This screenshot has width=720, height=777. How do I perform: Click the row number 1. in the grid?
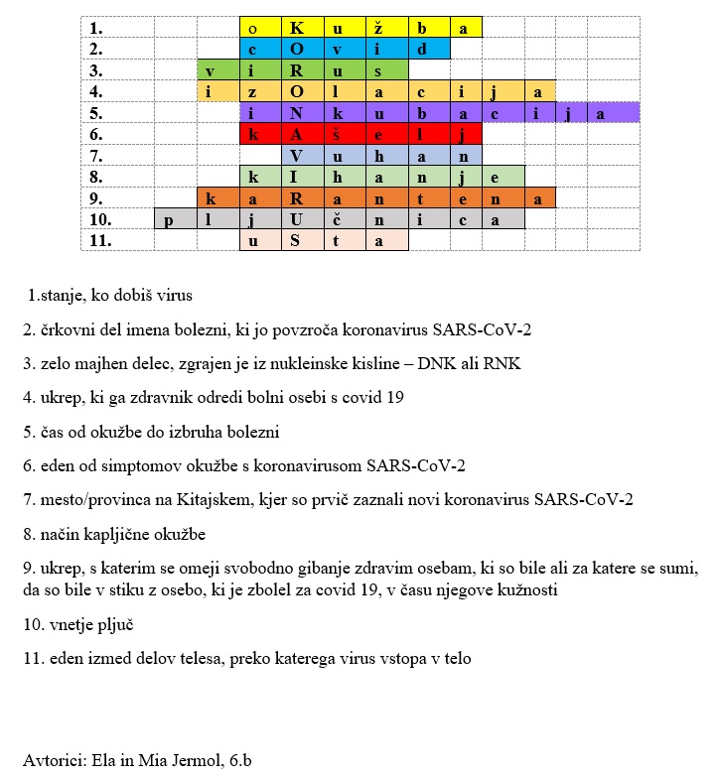(x=95, y=28)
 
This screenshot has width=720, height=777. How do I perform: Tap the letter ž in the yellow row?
(x=380, y=28)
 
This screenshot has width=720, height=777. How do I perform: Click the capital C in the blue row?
(x=296, y=49)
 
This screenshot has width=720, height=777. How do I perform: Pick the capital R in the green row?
(x=296, y=70)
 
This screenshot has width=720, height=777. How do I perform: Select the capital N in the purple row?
(x=296, y=113)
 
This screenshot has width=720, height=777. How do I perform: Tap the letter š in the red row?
(x=338, y=134)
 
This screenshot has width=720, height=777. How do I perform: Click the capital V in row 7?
(x=296, y=156)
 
